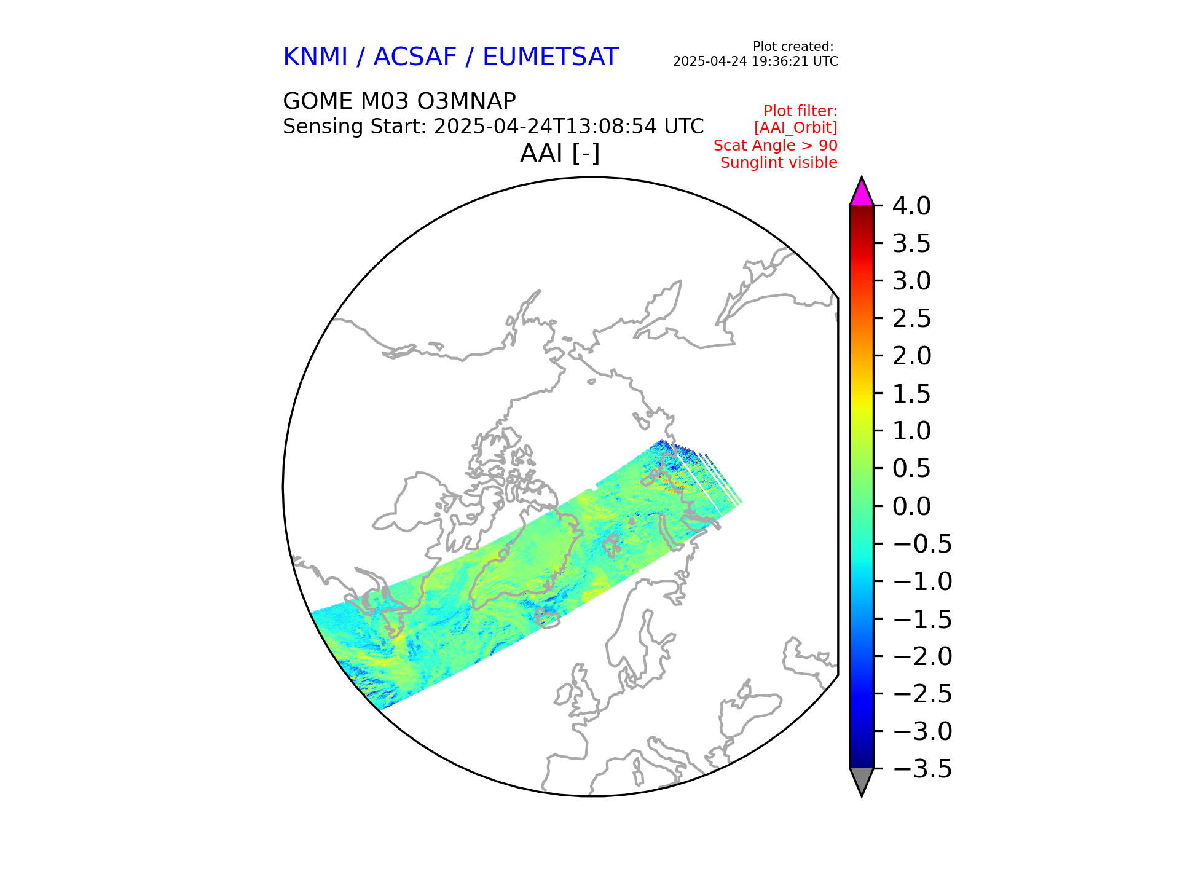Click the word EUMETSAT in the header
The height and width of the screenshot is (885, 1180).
[550, 57]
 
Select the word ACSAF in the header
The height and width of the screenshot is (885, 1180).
[415, 57]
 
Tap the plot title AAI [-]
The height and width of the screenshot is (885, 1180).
[559, 153]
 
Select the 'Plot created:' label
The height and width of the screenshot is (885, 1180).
[793, 47]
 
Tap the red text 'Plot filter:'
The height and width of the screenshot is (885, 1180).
[800, 111]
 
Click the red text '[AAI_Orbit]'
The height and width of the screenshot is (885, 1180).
[795, 128]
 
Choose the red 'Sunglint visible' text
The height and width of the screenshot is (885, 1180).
[779, 163]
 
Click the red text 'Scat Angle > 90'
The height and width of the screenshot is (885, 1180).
[775, 146]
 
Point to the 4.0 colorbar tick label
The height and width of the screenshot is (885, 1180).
[911, 206]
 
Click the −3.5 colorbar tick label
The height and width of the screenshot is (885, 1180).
[922, 769]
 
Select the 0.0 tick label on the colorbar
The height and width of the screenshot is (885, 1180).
[911, 506]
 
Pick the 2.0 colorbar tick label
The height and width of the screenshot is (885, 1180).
[911, 356]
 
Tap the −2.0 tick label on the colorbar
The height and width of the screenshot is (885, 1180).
[922, 656]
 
